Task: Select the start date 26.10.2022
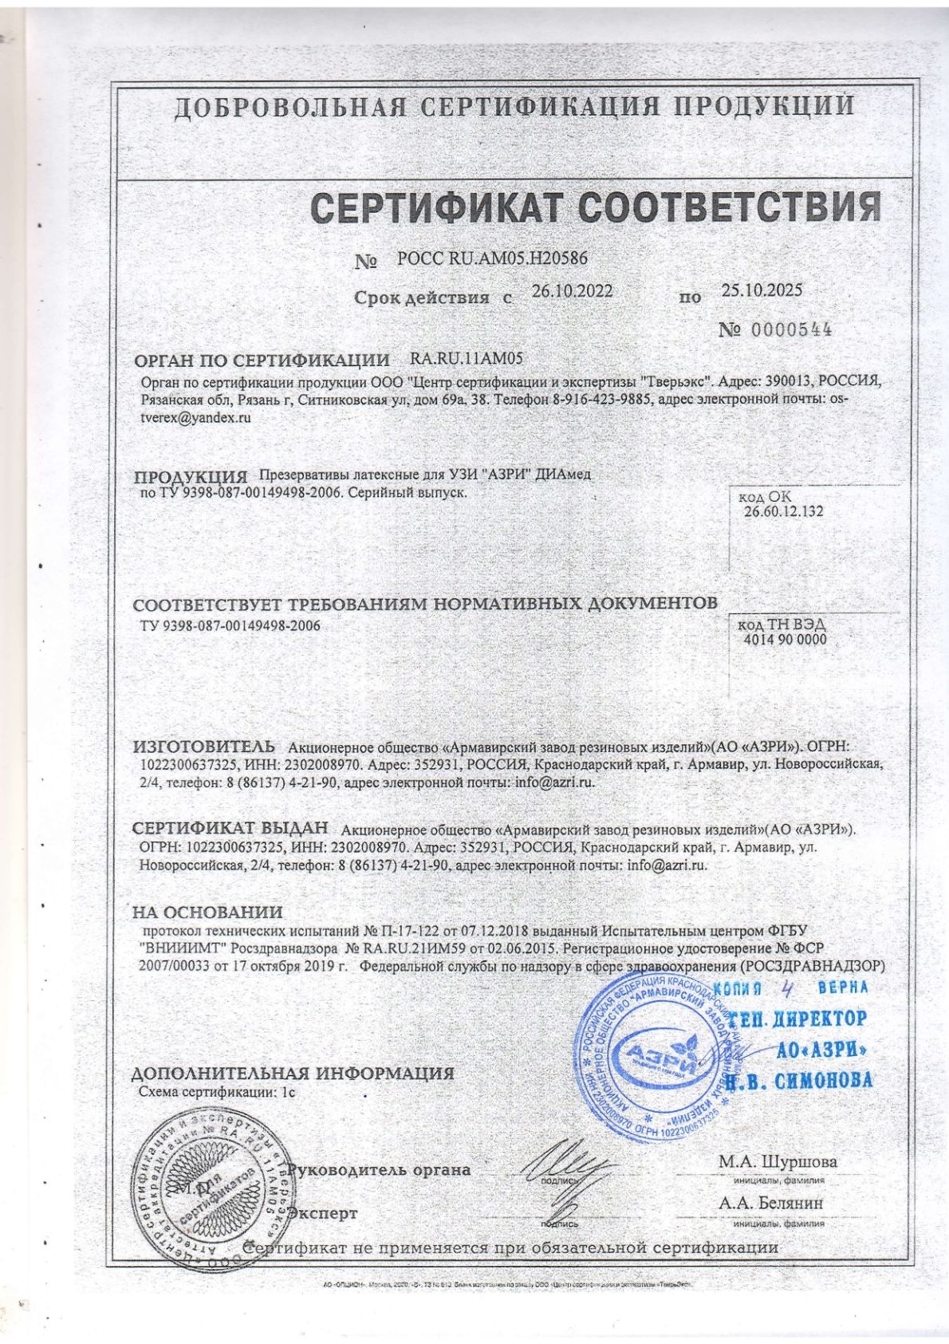click(x=572, y=291)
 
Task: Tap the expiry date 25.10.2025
click(x=762, y=290)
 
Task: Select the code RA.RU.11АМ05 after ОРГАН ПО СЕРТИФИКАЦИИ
click(x=466, y=359)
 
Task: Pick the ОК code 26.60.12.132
click(x=784, y=511)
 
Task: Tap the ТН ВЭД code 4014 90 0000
click(x=785, y=639)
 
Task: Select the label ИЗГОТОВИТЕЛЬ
click(x=203, y=747)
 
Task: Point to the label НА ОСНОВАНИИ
click(x=207, y=912)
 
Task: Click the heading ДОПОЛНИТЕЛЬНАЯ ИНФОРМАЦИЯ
click(x=293, y=1073)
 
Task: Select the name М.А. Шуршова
click(x=778, y=1161)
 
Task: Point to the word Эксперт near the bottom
click(x=322, y=1213)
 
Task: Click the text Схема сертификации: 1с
click(x=217, y=1092)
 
